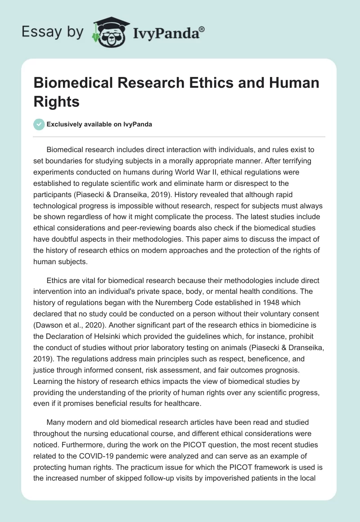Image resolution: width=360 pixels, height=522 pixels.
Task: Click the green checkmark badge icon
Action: [39, 124]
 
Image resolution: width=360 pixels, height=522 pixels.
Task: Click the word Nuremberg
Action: [184, 302]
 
